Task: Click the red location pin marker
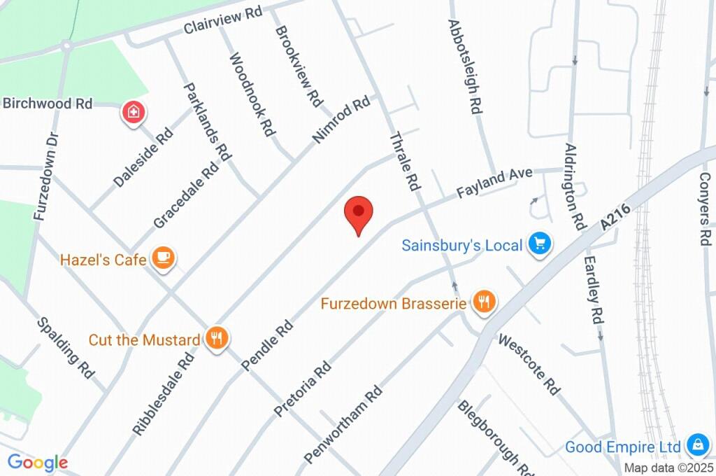coord(359,213)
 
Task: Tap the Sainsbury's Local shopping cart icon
coord(539,244)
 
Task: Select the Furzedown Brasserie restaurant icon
coord(484,302)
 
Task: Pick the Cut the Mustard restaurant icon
coord(217,339)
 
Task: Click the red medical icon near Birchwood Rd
coord(133,111)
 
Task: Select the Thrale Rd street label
coord(405,162)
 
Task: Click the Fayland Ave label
coord(494,182)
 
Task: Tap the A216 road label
coord(615,217)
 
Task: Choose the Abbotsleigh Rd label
coord(466,66)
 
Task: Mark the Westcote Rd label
coord(529,364)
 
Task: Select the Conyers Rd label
coord(704,207)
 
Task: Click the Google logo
coord(37,463)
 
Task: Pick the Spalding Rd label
coord(66,348)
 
